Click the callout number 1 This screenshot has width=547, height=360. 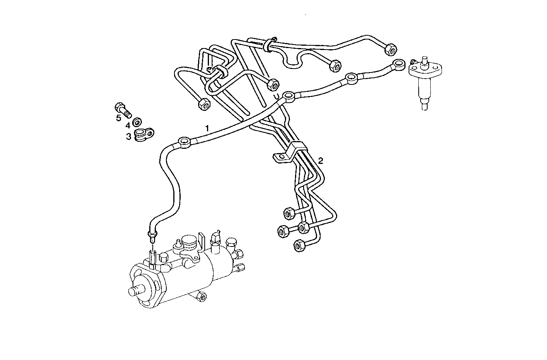(207, 127)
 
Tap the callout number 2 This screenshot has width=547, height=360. (321, 160)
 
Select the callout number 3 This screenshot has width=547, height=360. (128, 136)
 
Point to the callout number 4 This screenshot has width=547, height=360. (128, 125)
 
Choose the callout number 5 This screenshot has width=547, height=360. (119, 117)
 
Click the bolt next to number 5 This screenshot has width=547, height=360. (123, 109)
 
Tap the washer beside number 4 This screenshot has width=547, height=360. (137, 123)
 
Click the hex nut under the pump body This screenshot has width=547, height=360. (201, 297)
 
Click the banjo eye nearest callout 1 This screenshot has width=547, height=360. (185, 141)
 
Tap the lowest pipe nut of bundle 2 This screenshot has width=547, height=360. (299, 245)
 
